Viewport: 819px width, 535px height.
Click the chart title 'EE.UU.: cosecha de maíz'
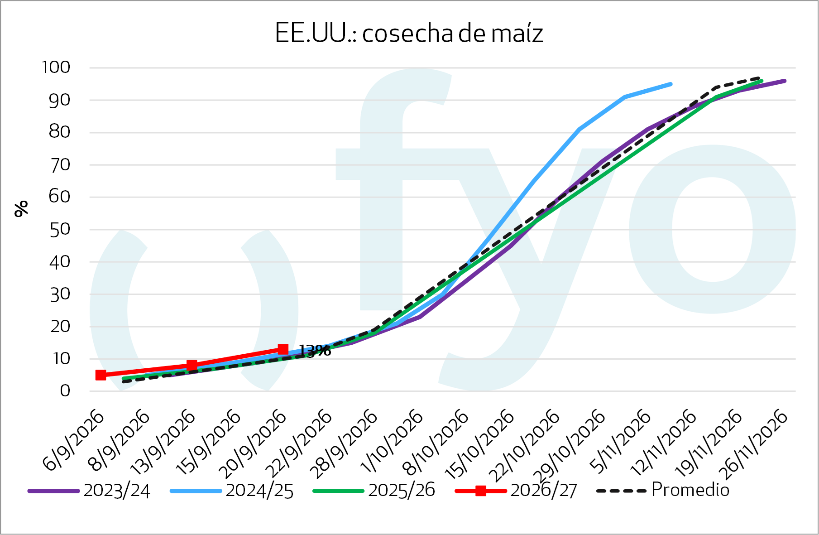pyautogui.click(x=409, y=33)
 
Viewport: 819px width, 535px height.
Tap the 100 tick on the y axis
pyautogui.click(x=56, y=67)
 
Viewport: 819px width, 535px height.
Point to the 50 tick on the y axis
pyautogui.click(x=60, y=229)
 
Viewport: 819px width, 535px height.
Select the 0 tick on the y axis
pyautogui.click(x=65, y=390)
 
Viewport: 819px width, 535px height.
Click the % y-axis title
pyautogui.click(x=21, y=208)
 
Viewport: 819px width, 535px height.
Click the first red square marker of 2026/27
pyautogui.click(x=101, y=375)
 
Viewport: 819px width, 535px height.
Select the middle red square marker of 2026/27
pyautogui.click(x=192, y=365)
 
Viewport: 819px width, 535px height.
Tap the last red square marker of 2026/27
pyautogui.click(x=283, y=349)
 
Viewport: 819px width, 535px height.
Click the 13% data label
pyautogui.click(x=315, y=350)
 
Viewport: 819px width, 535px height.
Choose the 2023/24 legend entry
pyautogui.click(x=89, y=491)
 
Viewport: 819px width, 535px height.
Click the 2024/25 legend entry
pyautogui.click(x=232, y=491)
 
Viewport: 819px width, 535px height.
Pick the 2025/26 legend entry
pyautogui.click(x=374, y=491)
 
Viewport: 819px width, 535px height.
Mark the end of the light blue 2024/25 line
pyautogui.click(x=671, y=84)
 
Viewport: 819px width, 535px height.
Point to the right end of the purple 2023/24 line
pyautogui.click(x=785, y=81)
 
